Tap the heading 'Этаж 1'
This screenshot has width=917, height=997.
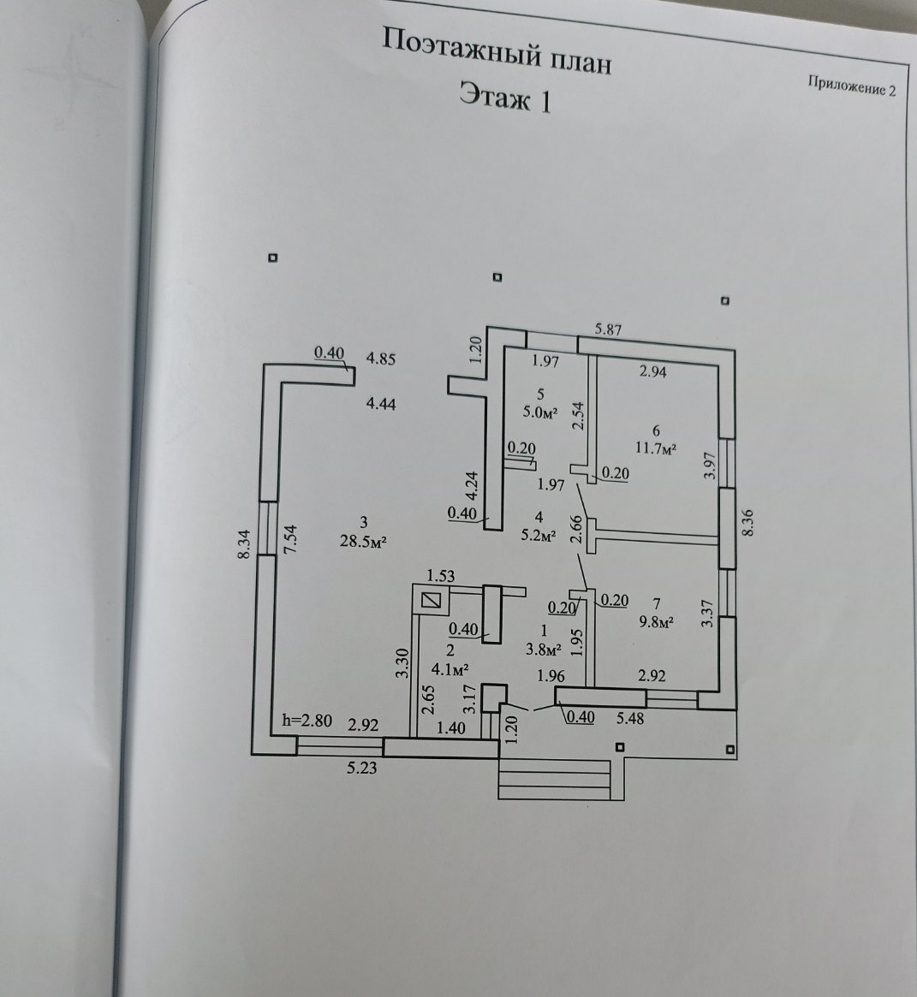pos(505,98)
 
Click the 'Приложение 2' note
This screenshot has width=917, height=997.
pos(851,86)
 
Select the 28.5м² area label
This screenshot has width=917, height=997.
pos(364,542)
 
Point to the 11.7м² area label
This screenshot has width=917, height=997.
pos(656,447)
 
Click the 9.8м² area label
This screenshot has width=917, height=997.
pos(657,621)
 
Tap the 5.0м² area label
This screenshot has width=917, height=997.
pos(540,412)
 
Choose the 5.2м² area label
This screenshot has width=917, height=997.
pos(539,536)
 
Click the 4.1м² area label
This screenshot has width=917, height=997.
pos(450,669)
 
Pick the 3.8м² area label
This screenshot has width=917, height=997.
pos(544,650)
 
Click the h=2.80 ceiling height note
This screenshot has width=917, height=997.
pos(307,721)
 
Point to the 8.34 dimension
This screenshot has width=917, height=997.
pos(243,545)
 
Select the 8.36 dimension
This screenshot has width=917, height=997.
pos(747,523)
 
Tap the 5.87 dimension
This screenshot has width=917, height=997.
pos(608,329)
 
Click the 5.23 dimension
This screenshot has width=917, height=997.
pos(361,769)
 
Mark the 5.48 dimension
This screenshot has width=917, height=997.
pos(630,719)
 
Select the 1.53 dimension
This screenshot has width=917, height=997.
pos(440,576)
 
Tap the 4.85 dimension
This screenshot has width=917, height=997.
pos(380,359)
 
